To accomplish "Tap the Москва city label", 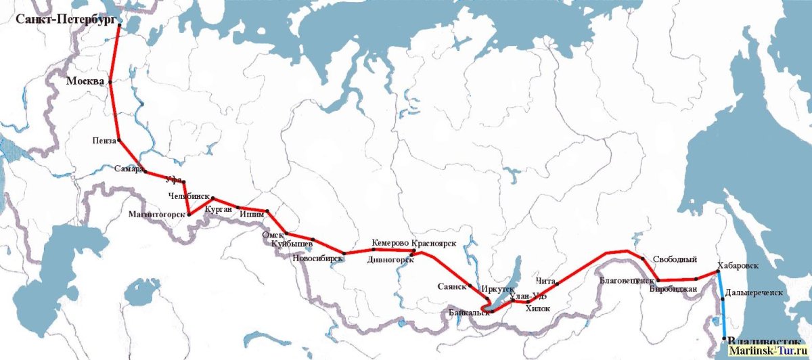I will click(85, 81).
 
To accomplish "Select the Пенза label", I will click(105, 141).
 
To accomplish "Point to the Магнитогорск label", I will click(156, 215).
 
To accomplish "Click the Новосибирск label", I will click(317, 258).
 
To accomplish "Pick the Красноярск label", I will click(434, 242).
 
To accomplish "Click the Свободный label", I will click(675, 259).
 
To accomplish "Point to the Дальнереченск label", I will click(754, 293).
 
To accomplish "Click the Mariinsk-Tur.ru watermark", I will click(769, 352).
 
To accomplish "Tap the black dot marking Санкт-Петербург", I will click(119, 25).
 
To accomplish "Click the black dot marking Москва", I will click(110, 82).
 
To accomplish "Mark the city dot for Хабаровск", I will click(718, 273).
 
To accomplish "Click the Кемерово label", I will click(390, 242).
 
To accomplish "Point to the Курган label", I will click(218, 210).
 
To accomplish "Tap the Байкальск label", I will click(469, 313).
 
